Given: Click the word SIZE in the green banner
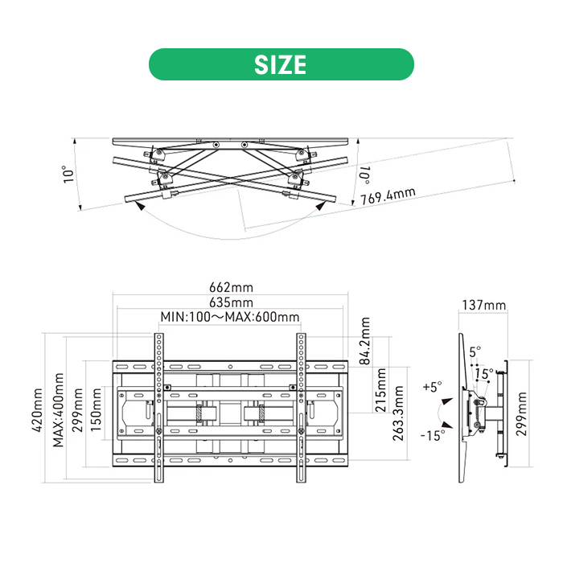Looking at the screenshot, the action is point(281,64).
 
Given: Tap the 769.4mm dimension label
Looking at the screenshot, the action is point(388,196).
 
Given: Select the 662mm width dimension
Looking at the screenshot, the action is point(232,287).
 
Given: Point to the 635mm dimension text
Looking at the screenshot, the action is point(232,302).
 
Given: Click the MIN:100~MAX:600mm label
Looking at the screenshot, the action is point(230,317).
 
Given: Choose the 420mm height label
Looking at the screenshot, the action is point(37,409).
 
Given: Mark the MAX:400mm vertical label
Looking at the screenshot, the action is point(58,409).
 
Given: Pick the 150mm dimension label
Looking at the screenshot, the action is point(96,409).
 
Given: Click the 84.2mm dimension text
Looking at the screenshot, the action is point(365,341).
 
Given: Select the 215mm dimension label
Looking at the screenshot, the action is point(380,390).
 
